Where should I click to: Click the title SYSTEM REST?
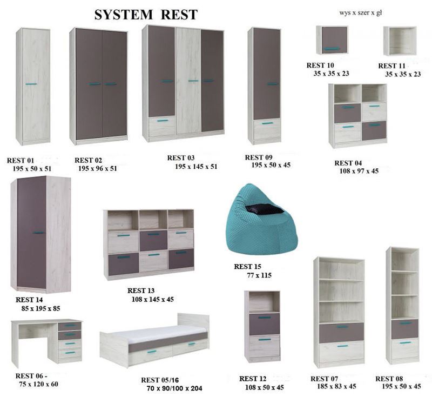146,15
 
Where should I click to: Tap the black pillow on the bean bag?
264,209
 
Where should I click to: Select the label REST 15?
247,267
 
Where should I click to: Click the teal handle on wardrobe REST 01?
31,84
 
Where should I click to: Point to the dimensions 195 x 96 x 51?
97,168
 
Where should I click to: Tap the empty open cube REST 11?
400,41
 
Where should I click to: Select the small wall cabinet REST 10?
332,41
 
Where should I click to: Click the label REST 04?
348,163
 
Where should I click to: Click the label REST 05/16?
160,380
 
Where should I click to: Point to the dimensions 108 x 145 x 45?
152,299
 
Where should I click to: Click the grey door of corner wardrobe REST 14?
31,233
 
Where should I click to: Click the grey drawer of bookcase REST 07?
341,332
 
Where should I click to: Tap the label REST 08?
389,379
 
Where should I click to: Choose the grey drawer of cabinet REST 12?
264,324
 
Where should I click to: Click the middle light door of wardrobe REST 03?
188,81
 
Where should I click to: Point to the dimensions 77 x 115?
259,275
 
